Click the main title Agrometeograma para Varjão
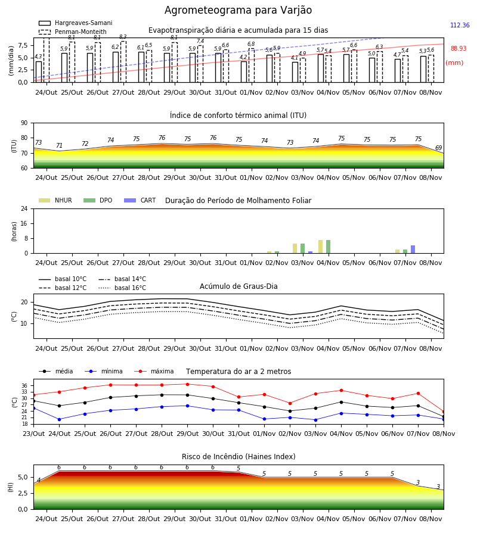coord(238,10)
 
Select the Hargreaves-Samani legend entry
coord(76,23)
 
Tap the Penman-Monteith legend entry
coord(73,32)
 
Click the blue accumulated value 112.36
coord(460,25)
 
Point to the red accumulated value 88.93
coord(459,48)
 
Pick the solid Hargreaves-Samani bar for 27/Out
coord(116,67)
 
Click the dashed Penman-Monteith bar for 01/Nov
coord(252,66)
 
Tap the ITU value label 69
coord(438,148)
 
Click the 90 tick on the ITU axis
coord(24,123)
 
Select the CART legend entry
coord(140,200)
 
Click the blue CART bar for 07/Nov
coord(413,249)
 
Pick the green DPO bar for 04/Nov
coord(328,247)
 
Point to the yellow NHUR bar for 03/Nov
coord(295,248)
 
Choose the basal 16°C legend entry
coord(122,288)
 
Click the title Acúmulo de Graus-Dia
coord(238,286)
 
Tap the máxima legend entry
coord(154,371)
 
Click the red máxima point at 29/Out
coord(187,384)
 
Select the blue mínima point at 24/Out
coord(59,419)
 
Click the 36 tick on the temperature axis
coord(24,385)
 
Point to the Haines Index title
coord(238,456)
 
